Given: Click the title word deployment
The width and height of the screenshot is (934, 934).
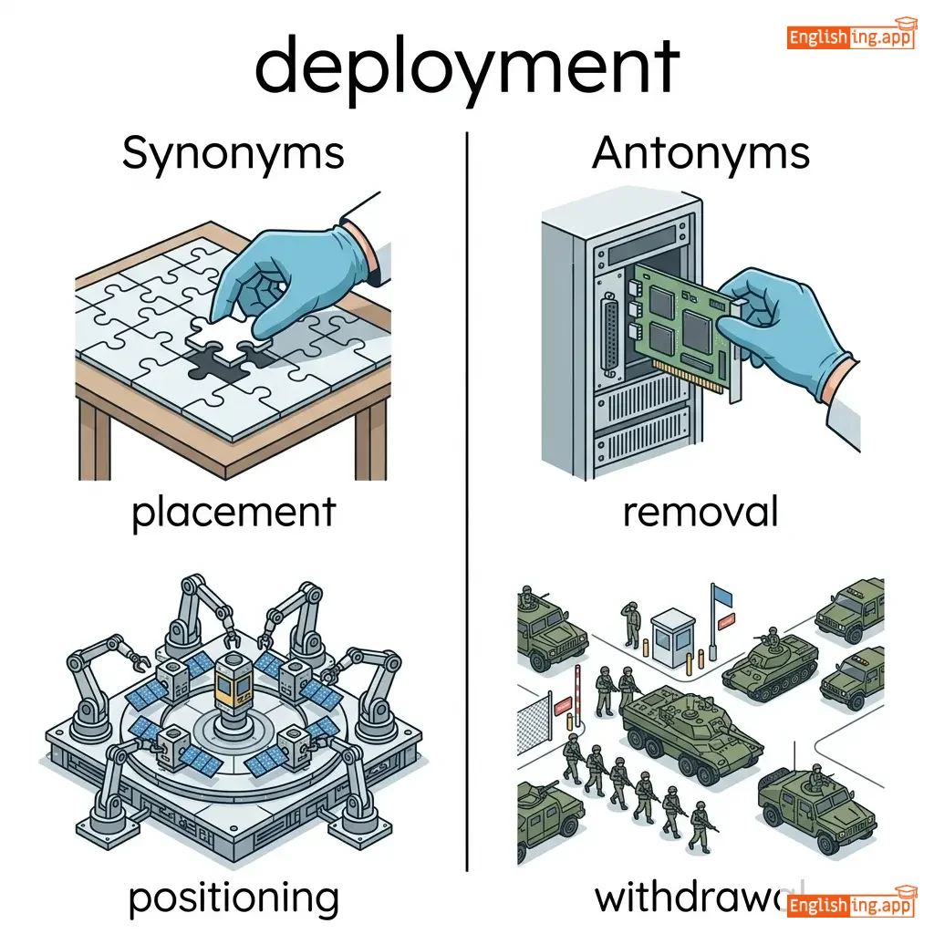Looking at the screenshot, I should pos(466,67).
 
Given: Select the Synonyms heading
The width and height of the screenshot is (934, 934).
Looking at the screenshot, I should pos(233,153).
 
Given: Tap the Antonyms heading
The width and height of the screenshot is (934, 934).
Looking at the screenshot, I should pos(700,153).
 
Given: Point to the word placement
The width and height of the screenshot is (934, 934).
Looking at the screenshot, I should pos(233,513).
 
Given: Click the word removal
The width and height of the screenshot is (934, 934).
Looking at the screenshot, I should pos(700,513).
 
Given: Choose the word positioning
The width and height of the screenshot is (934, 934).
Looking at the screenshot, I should pos(233,898).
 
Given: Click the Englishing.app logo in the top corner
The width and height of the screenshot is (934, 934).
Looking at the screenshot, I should pos(850,36).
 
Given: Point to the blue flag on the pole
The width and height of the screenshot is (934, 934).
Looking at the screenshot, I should pos(722,596).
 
